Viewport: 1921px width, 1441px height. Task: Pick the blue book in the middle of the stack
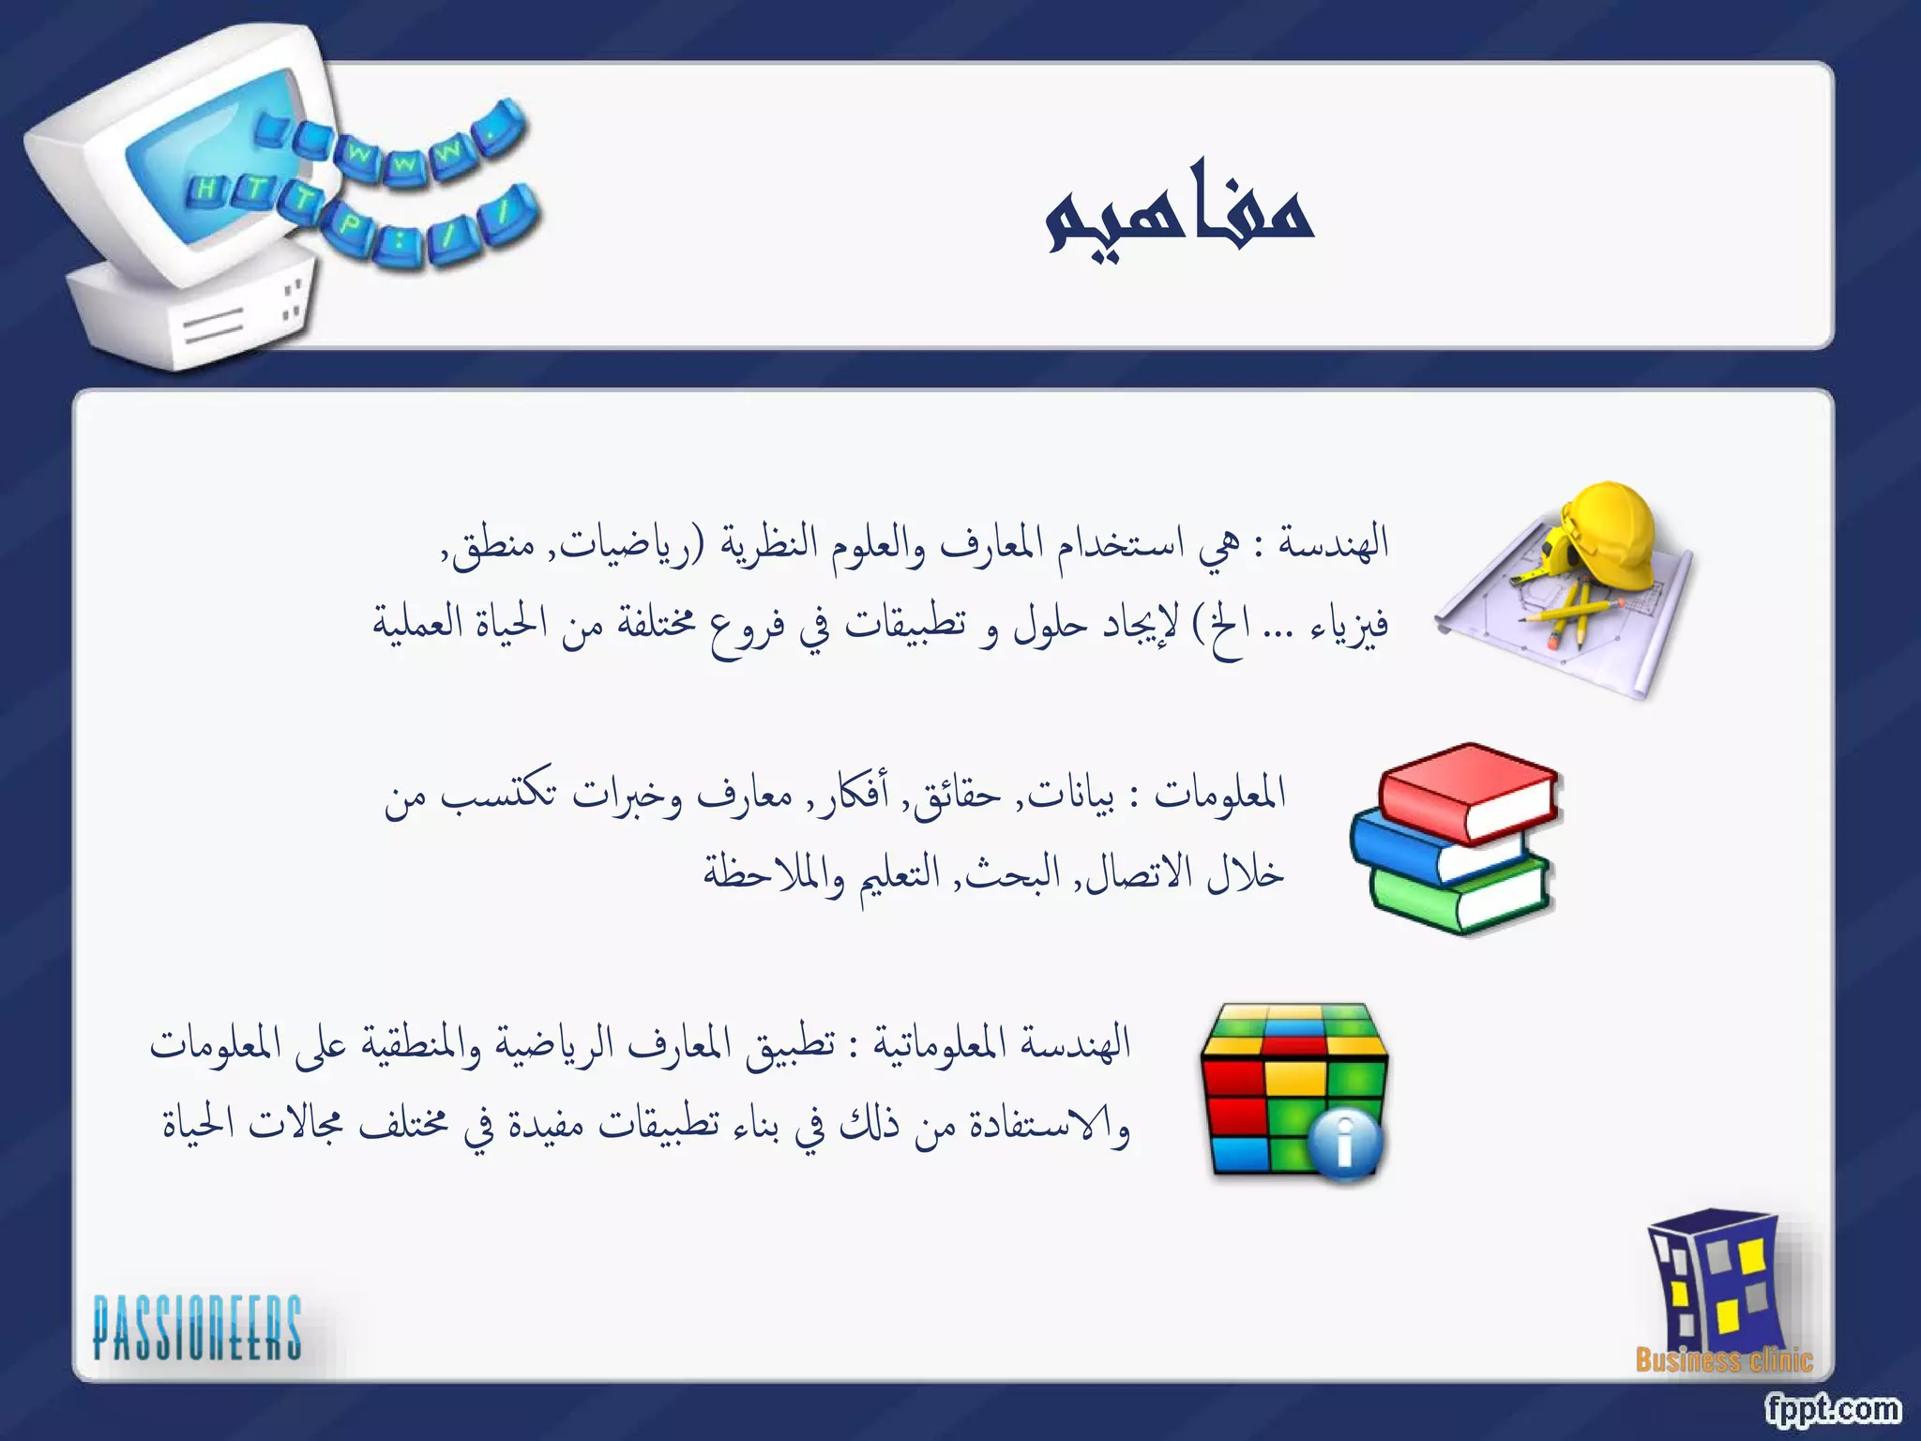1435,849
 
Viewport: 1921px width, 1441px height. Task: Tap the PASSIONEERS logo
197,1327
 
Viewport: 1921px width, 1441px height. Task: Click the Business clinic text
1724,1360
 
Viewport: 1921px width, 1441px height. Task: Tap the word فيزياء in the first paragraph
1351,624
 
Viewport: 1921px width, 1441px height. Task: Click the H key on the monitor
204,190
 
